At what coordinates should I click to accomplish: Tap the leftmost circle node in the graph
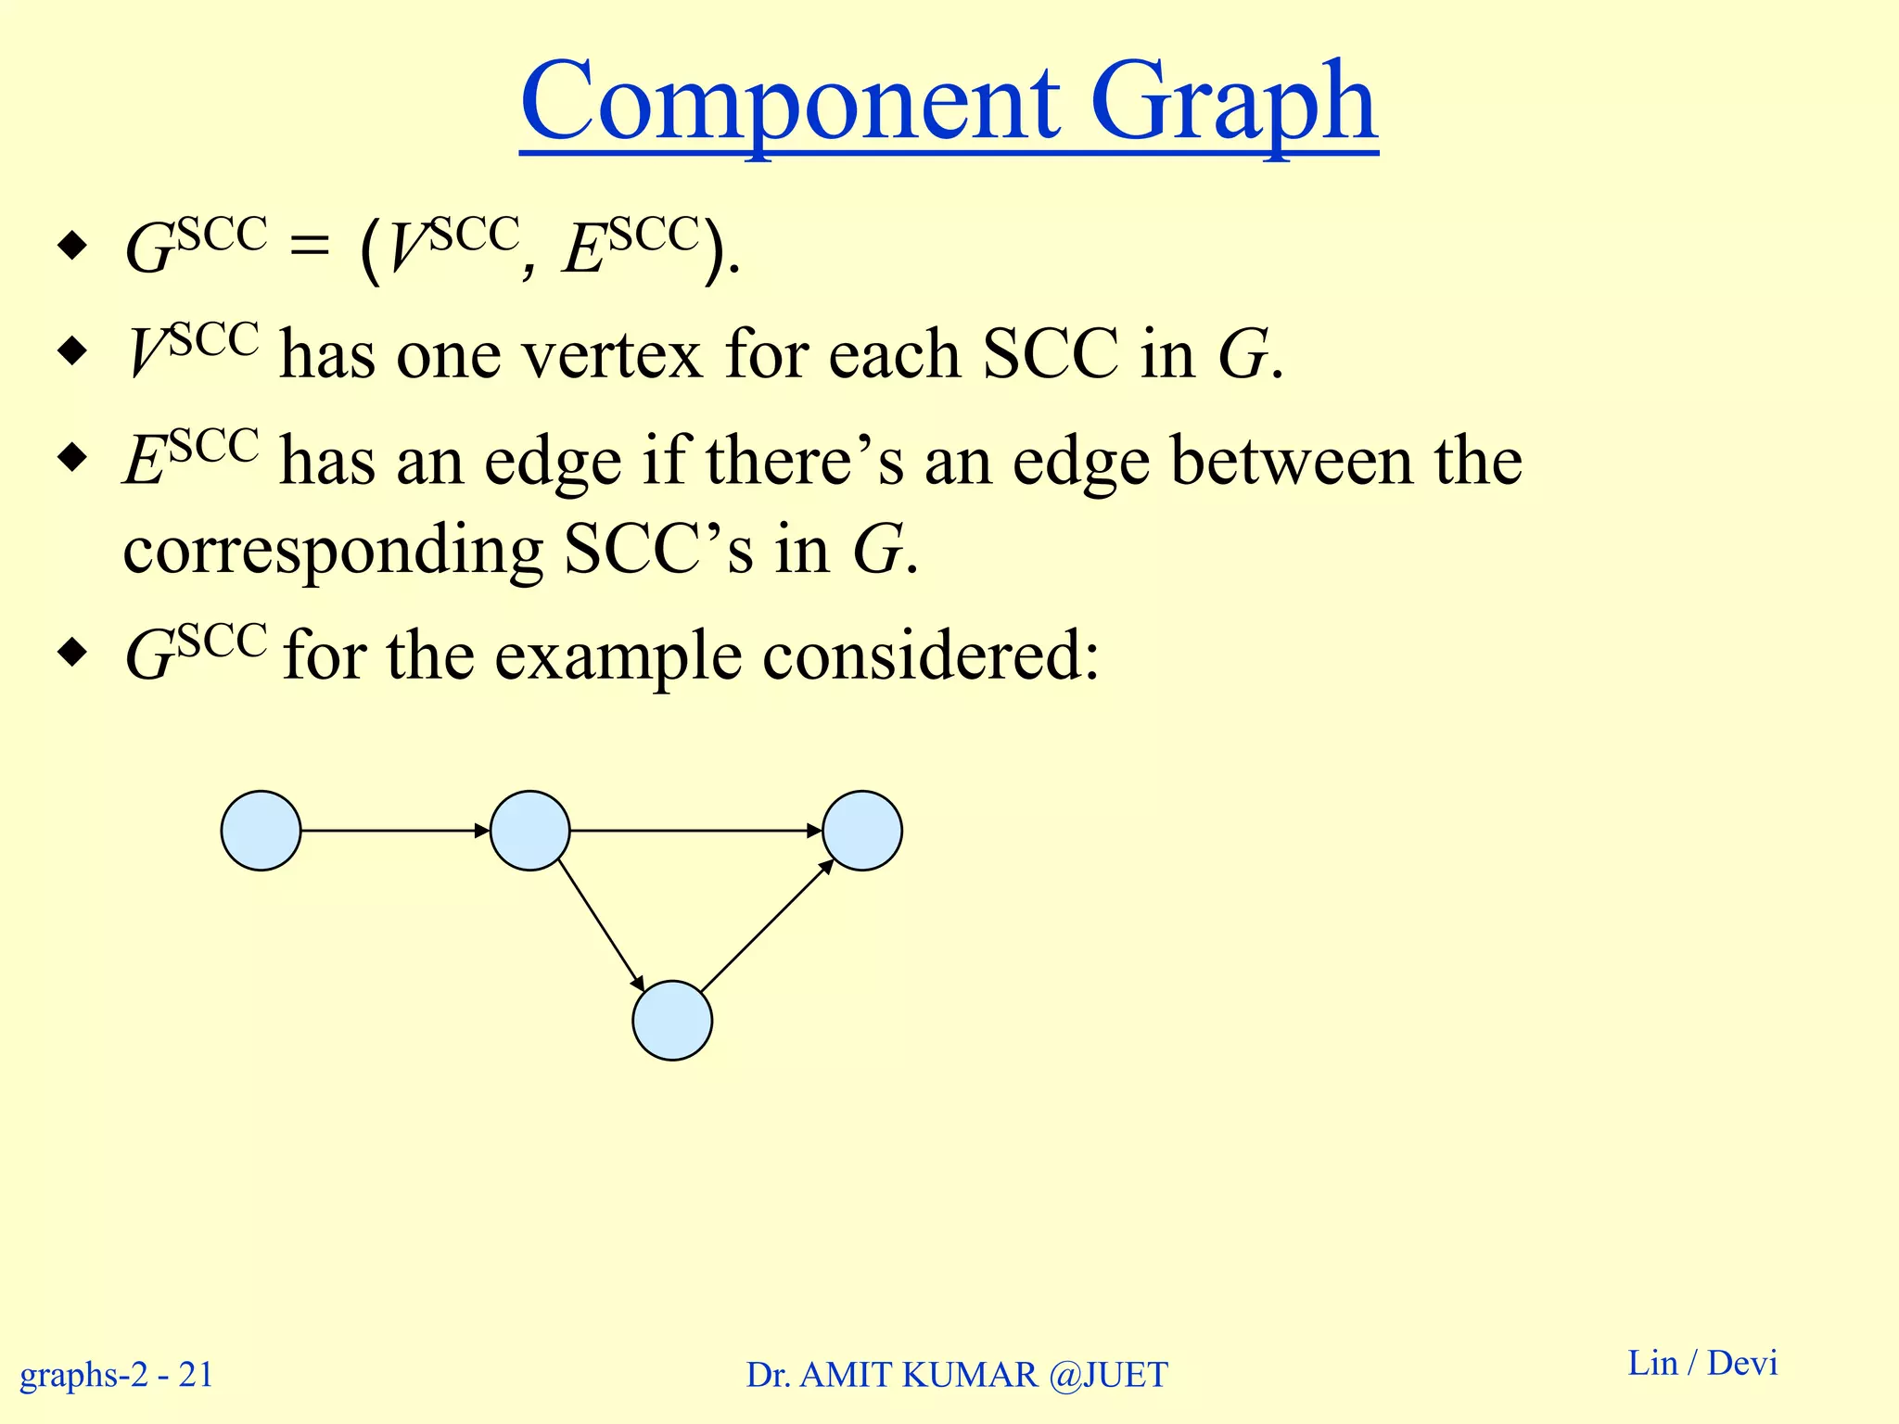click(x=261, y=831)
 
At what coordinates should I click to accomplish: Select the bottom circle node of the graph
click(x=672, y=1020)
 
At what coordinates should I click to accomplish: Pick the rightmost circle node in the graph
click(x=862, y=831)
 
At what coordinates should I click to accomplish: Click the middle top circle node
click(x=529, y=831)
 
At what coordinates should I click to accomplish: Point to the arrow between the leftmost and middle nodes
click(x=395, y=831)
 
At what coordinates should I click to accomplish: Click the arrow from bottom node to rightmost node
click(x=767, y=926)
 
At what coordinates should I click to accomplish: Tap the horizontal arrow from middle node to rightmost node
click(x=695, y=831)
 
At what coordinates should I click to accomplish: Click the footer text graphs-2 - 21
click(x=117, y=1374)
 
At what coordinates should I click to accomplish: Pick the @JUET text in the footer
click(x=1108, y=1375)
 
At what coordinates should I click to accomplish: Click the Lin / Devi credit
click(x=1702, y=1363)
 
